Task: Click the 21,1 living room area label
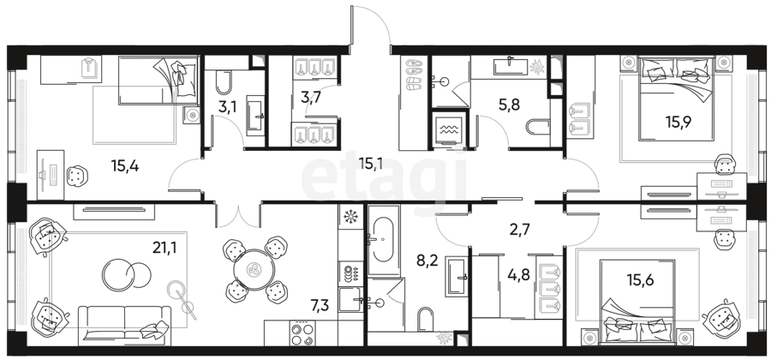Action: (x=164, y=248)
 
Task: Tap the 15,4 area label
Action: (x=125, y=166)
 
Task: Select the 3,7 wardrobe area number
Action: (x=311, y=98)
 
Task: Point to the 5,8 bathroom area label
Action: (x=509, y=105)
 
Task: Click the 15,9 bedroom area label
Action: (x=678, y=122)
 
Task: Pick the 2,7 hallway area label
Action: (x=520, y=229)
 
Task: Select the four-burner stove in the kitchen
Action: (x=302, y=333)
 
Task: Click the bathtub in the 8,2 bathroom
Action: (x=384, y=240)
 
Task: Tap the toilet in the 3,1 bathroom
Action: (x=224, y=83)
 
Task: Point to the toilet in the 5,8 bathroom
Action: (x=538, y=127)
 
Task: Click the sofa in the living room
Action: (x=125, y=324)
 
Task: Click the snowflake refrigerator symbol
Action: (x=350, y=216)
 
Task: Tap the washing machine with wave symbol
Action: (x=447, y=129)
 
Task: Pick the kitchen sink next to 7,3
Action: (x=351, y=299)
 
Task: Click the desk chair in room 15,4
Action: (x=77, y=176)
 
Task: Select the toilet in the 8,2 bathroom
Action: (x=425, y=320)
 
